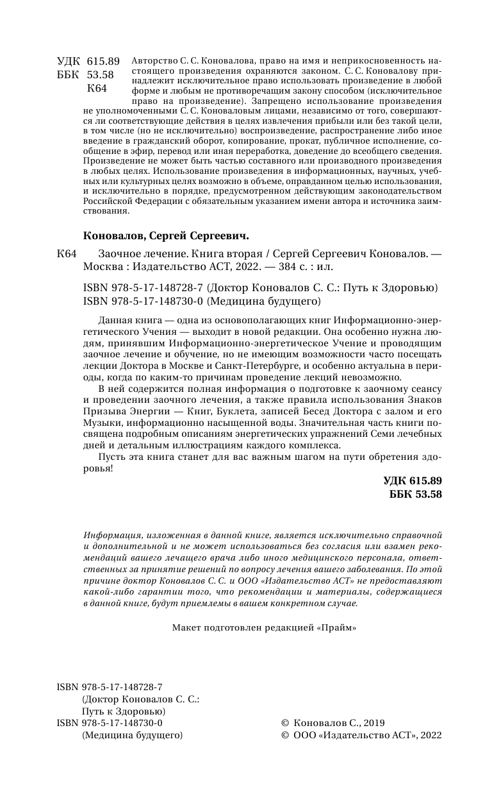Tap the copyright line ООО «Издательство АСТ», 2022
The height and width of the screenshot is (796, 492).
tap(367, 736)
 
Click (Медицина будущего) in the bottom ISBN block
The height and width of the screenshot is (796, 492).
tap(133, 736)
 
